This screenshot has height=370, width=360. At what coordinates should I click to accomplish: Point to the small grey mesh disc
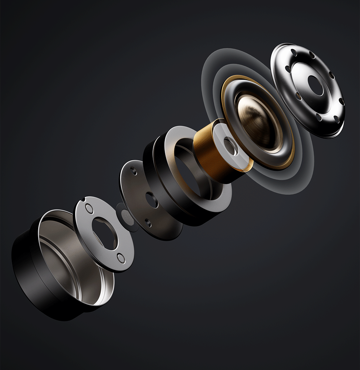coord(125,215)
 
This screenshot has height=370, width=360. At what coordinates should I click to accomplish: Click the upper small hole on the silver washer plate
coord(89,208)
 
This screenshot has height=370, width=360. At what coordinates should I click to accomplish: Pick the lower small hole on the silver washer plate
coord(120,258)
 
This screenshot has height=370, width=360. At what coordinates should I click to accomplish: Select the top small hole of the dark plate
coord(134,171)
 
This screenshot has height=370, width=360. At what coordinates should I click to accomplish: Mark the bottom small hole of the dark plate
coord(148,223)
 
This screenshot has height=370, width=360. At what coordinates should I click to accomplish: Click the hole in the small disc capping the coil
coord(230,146)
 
